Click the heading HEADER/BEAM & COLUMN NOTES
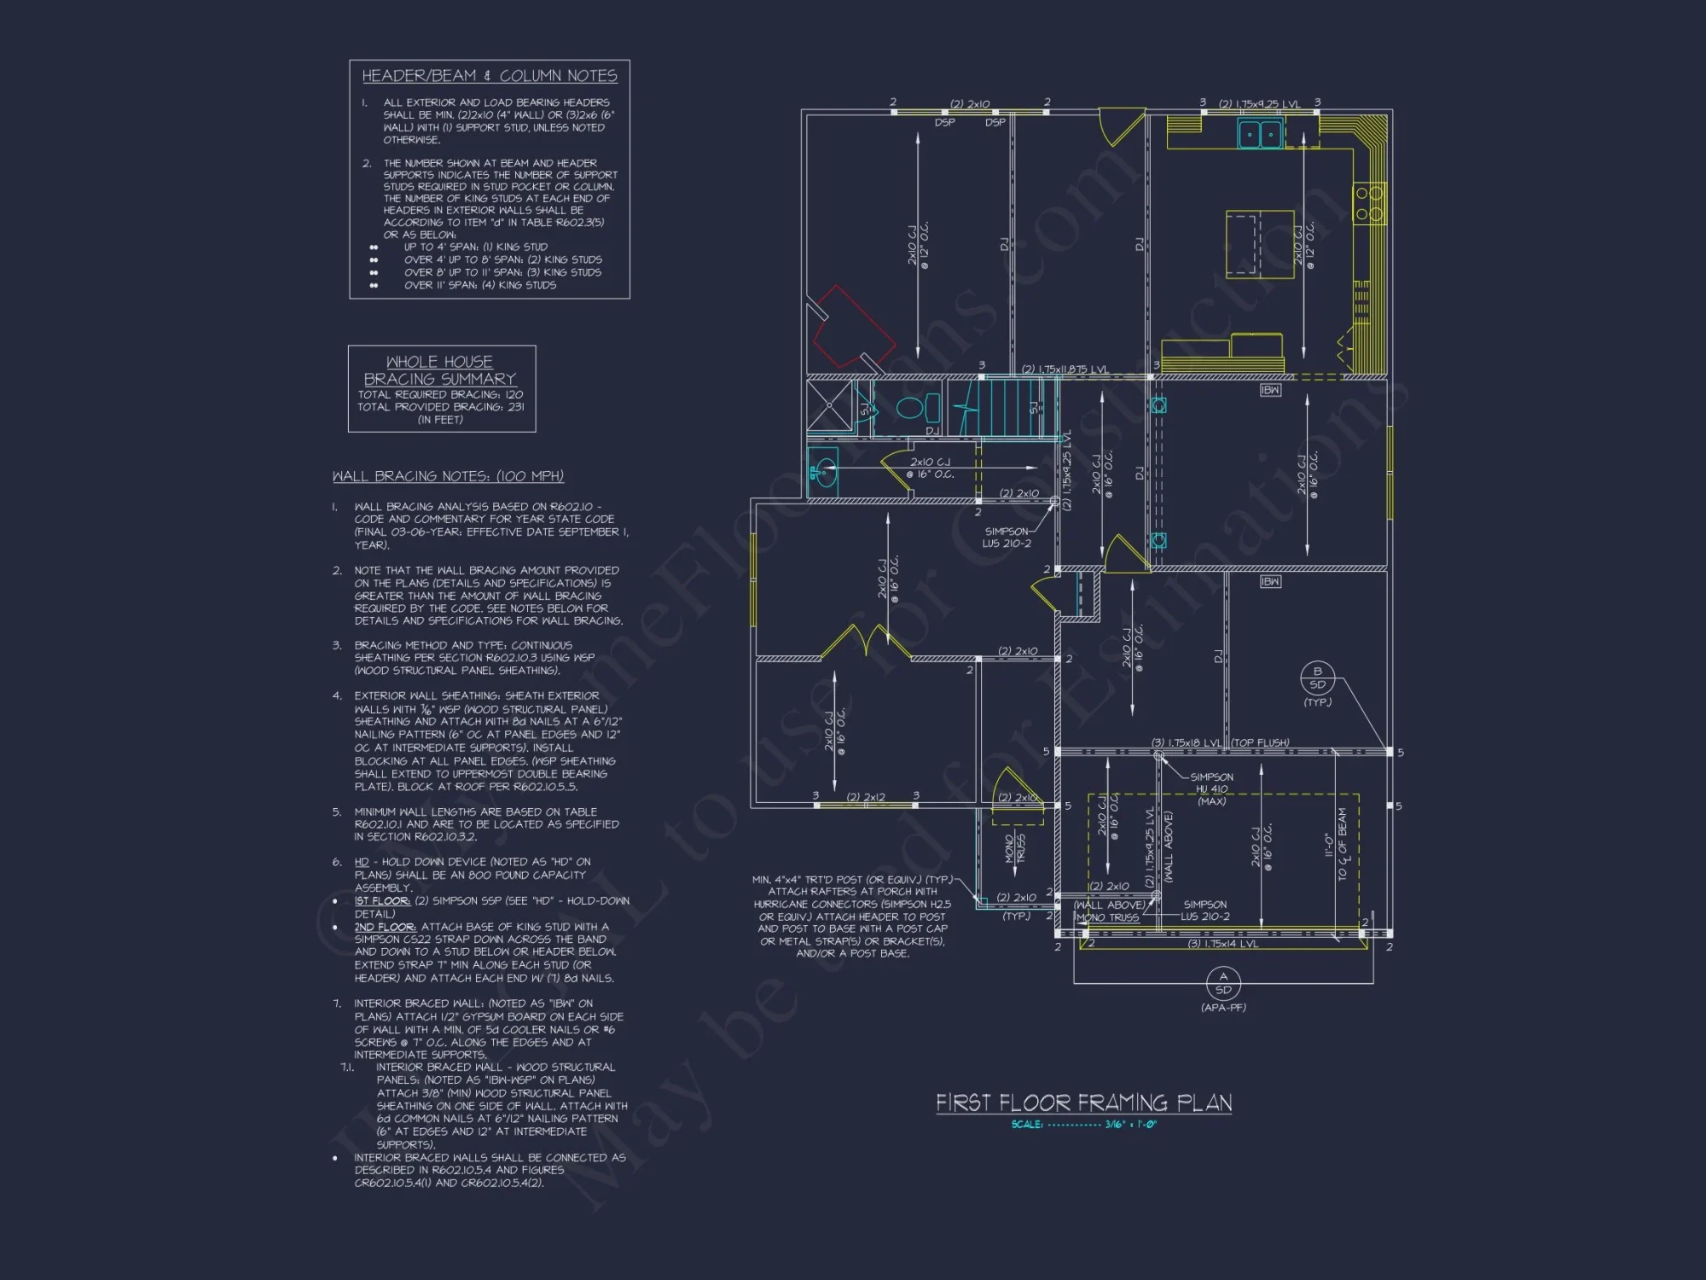pos(489,76)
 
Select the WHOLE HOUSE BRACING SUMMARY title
pos(440,370)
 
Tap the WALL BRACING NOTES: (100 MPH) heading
pos(448,476)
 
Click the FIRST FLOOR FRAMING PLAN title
pos(1083,1103)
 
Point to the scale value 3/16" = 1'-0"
pos(1130,1125)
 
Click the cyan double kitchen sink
pos(1260,134)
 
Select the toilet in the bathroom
pos(912,407)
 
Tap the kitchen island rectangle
pos(1259,244)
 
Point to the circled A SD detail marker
pos(1223,984)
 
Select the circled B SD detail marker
pos(1317,678)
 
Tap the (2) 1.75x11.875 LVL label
pos(1064,369)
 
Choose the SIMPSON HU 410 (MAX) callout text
pos(1211,789)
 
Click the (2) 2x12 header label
pos(865,798)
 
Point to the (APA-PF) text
pos(1223,1008)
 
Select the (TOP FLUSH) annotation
pos(1260,743)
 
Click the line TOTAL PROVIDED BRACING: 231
pos(440,407)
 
